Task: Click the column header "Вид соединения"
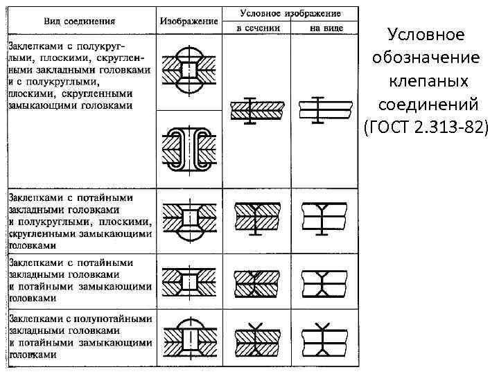(x=80, y=21)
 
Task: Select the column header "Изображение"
(x=189, y=21)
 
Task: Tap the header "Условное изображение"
(x=290, y=12)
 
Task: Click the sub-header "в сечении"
(x=258, y=28)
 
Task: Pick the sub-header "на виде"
(x=324, y=28)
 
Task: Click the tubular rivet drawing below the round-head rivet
(x=189, y=149)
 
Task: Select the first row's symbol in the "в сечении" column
(x=256, y=109)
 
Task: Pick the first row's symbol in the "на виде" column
(x=324, y=109)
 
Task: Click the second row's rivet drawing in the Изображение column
(x=189, y=220)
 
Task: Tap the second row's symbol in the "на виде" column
(x=324, y=220)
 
